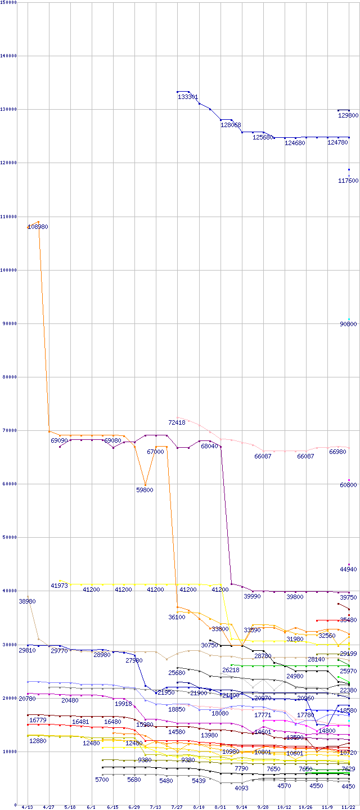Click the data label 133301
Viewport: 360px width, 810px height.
point(188,97)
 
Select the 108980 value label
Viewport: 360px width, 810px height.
point(38,227)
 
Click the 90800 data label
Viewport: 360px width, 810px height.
point(348,324)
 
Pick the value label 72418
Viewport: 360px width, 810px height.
point(177,422)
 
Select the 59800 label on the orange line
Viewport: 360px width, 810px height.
point(145,490)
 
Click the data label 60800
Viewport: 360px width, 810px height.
point(348,485)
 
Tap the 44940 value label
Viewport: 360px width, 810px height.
point(348,570)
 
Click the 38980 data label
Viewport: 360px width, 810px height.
point(27,602)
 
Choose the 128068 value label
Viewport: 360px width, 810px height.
point(231,125)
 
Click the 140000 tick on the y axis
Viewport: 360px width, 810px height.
point(10,56)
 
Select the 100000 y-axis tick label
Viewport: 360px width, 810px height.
point(10,270)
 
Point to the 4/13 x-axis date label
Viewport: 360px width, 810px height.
point(27,807)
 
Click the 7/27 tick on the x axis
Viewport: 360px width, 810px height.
point(177,807)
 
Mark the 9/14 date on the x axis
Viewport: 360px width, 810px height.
point(241,807)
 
